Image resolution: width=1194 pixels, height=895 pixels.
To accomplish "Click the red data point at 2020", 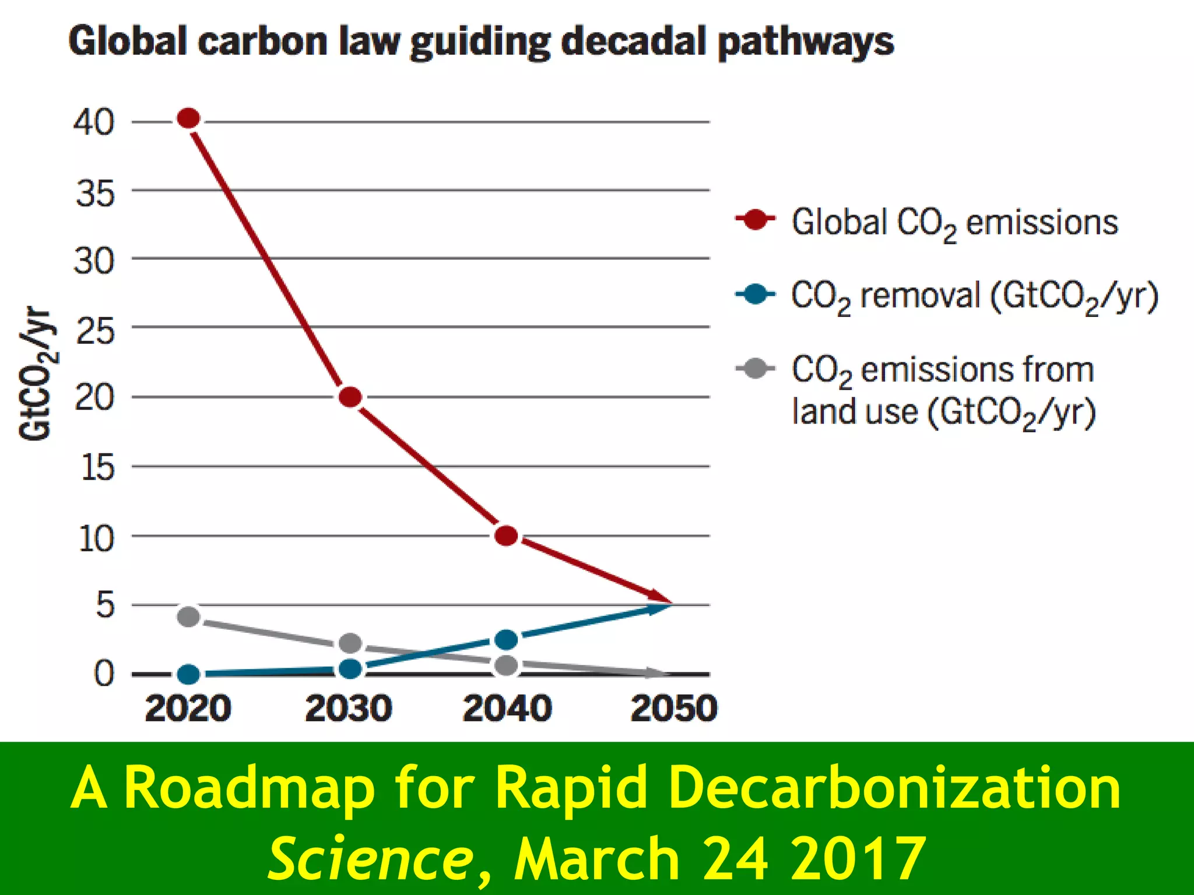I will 189,119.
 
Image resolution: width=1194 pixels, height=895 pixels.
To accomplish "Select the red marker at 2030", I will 350,397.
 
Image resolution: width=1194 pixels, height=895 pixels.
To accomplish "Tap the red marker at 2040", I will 506,535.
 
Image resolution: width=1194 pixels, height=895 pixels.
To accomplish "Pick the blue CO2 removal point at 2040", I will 506,640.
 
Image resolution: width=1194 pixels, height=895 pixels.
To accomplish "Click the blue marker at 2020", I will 189,675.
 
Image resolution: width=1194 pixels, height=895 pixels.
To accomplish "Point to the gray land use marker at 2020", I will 189,616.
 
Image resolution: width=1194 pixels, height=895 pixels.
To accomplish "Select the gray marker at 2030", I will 350,643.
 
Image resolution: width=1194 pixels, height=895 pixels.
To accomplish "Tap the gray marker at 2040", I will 506,665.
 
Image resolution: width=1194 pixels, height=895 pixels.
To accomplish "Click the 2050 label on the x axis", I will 674,709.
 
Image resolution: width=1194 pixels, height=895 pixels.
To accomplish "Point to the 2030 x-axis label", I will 349,709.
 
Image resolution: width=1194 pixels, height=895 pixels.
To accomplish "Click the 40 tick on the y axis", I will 93,122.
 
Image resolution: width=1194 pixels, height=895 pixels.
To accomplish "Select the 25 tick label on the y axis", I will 95,332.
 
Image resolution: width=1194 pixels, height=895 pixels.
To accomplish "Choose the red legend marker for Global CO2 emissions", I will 756,220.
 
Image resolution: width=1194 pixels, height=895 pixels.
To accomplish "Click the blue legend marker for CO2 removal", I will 756,294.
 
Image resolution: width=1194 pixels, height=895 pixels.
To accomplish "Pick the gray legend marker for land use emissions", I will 756,368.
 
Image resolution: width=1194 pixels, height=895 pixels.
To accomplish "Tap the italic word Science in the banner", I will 371,858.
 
